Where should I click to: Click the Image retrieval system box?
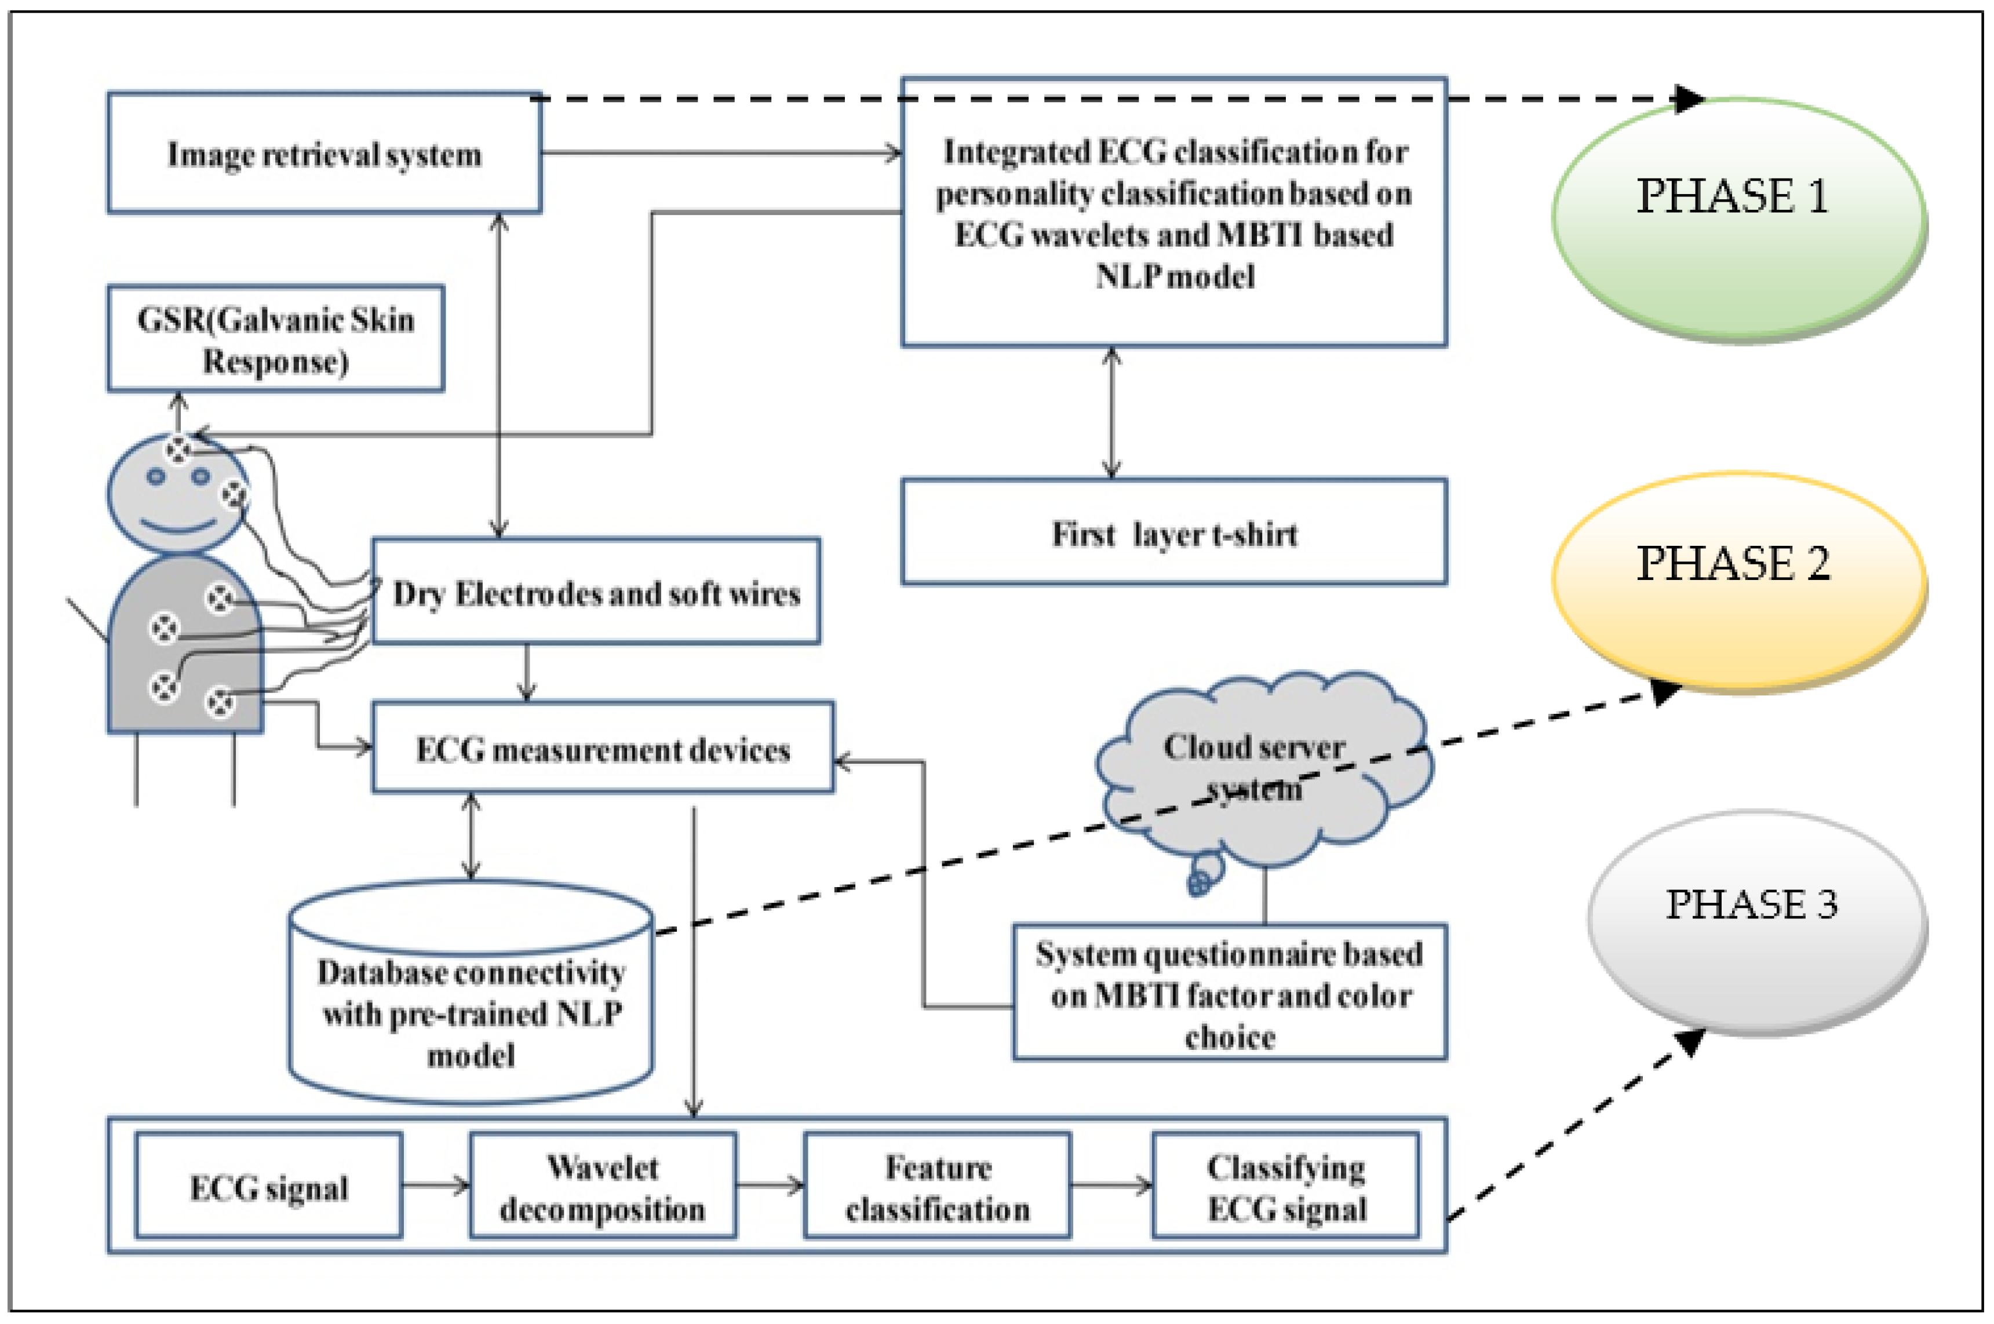click(x=324, y=154)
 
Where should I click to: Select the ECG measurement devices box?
click(x=603, y=748)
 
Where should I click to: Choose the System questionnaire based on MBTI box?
click(x=1230, y=994)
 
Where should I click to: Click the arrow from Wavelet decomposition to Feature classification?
click(x=770, y=1186)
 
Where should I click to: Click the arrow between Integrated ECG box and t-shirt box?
click(x=1112, y=413)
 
